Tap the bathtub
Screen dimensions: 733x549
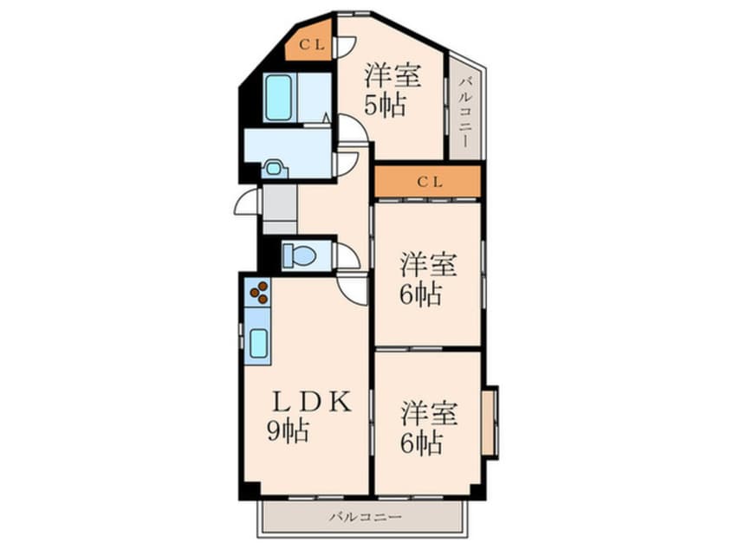(x=278, y=98)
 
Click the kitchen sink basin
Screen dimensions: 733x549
(x=258, y=344)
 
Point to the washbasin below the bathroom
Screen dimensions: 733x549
(x=273, y=168)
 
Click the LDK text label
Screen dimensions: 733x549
(x=312, y=403)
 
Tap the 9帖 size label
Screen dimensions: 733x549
(x=288, y=431)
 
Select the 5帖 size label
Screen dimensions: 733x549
(x=385, y=105)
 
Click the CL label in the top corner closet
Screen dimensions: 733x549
(x=312, y=45)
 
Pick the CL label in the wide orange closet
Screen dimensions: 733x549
(x=430, y=182)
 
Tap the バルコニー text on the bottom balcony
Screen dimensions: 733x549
(x=366, y=517)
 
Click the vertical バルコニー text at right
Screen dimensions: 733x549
(x=464, y=113)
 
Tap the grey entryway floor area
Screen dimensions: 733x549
(x=280, y=209)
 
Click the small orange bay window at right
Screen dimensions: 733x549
(x=490, y=422)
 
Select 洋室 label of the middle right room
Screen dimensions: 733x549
(x=428, y=265)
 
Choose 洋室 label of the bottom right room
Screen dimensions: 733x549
(x=429, y=413)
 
